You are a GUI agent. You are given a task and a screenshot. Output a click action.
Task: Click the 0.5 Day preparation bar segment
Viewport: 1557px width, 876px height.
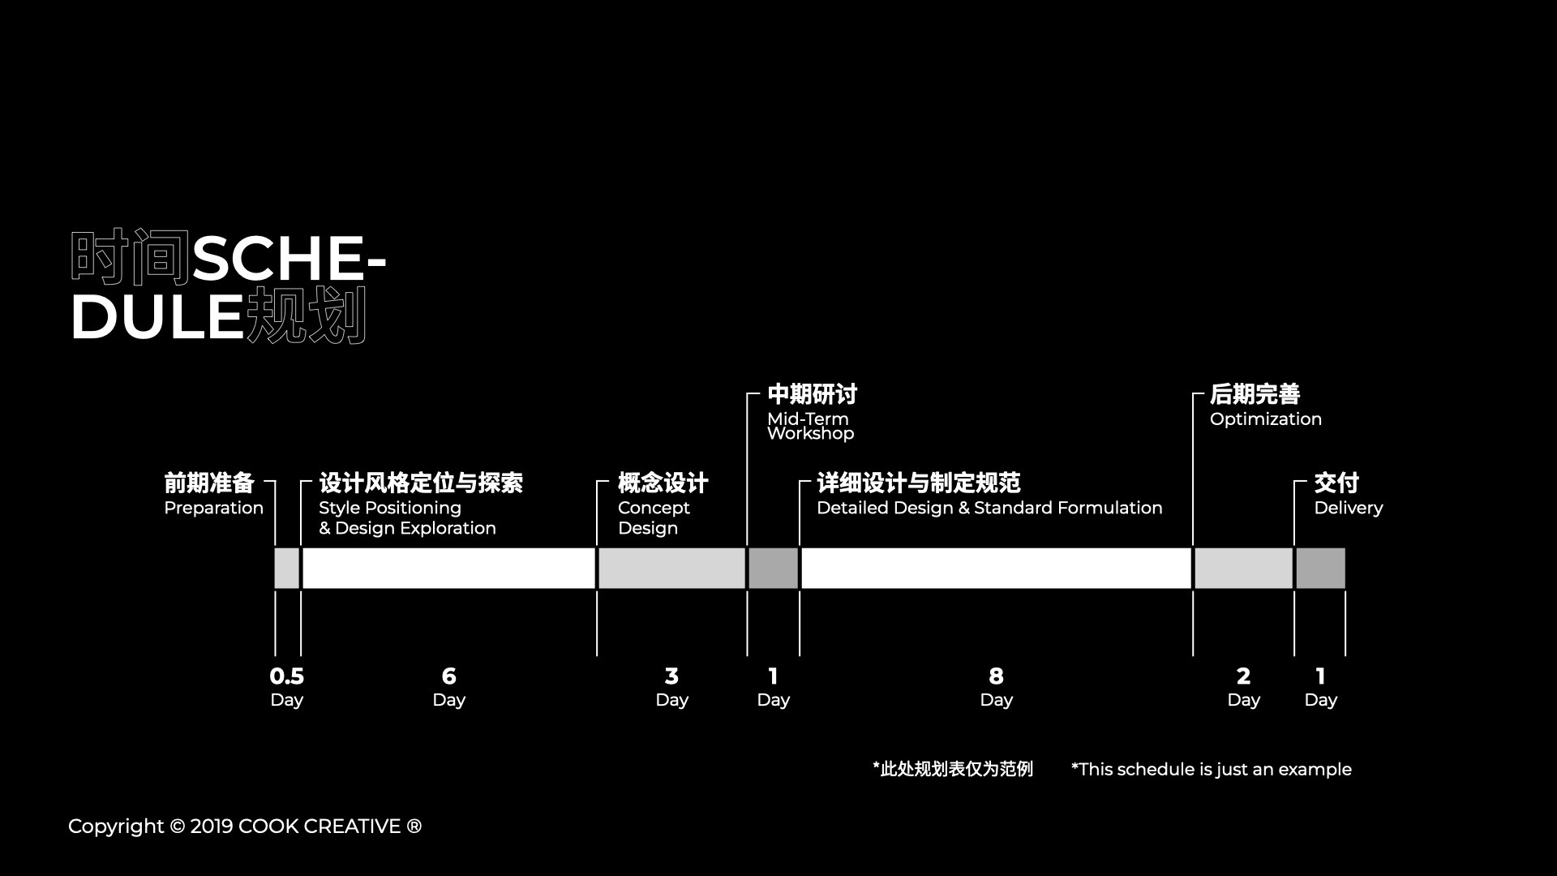[x=287, y=568]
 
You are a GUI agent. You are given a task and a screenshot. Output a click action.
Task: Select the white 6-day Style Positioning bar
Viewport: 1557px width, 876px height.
[x=448, y=568]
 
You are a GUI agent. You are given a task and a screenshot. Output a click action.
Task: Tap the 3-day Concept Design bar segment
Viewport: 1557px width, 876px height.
[x=671, y=568]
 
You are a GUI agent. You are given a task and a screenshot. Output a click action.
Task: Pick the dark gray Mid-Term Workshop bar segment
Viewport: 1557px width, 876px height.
[x=773, y=568]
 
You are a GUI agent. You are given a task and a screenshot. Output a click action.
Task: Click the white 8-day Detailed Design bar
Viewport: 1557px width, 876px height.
[x=996, y=568]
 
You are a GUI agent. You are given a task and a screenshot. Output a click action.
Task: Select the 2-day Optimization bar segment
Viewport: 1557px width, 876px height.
[x=1243, y=568]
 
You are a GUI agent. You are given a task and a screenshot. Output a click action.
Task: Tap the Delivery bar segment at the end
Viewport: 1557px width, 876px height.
[x=1320, y=568]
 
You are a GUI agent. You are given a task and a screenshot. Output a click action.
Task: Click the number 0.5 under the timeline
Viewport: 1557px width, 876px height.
[x=286, y=676]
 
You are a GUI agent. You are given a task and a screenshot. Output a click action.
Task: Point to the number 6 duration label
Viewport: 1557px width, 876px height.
[x=448, y=676]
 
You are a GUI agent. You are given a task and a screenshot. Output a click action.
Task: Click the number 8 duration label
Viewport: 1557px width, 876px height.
[x=996, y=676]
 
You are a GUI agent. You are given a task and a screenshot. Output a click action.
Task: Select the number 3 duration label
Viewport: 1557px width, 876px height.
[x=671, y=676]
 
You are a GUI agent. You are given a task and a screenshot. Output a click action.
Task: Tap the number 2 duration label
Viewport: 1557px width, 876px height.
[x=1243, y=676]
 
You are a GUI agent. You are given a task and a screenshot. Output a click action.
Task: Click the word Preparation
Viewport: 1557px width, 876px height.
[x=213, y=509]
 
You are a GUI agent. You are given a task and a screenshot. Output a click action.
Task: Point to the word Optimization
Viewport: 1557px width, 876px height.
[x=1265, y=419]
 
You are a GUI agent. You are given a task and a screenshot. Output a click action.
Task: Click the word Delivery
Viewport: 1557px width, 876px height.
[x=1348, y=509]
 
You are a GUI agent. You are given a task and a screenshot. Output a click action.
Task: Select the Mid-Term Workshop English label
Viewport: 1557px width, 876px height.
[x=810, y=426]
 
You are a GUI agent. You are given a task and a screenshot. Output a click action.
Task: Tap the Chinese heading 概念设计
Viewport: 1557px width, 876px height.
[x=663, y=483]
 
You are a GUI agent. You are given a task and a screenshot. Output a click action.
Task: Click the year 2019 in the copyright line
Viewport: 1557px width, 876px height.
[x=211, y=827]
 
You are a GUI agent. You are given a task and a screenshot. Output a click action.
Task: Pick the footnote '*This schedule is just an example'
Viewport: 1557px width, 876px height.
[x=1211, y=769]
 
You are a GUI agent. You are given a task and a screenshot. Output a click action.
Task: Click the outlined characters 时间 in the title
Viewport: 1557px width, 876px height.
[x=130, y=258]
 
